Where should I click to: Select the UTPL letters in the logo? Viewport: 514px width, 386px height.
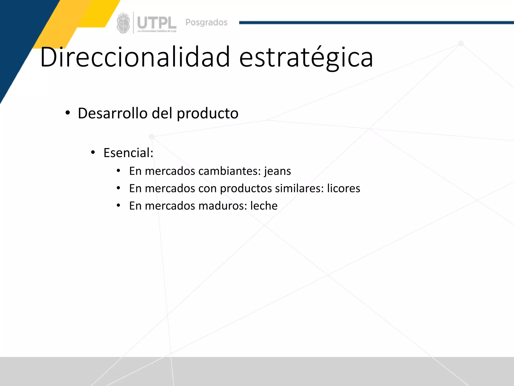[157, 23]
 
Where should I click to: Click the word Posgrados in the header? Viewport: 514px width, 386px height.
[206, 22]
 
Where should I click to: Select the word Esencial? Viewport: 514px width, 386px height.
[128, 153]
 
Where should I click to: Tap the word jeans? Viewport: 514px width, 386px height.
[277, 171]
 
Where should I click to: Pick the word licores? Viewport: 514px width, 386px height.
[344, 188]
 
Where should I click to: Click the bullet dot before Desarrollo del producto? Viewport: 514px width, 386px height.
[68, 113]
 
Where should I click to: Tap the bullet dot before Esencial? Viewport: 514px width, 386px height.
[93, 153]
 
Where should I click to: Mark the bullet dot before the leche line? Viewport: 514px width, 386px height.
[118, 206]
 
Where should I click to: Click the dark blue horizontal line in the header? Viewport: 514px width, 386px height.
[376, 23]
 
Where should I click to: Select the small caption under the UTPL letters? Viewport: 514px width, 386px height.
[157, 31]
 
